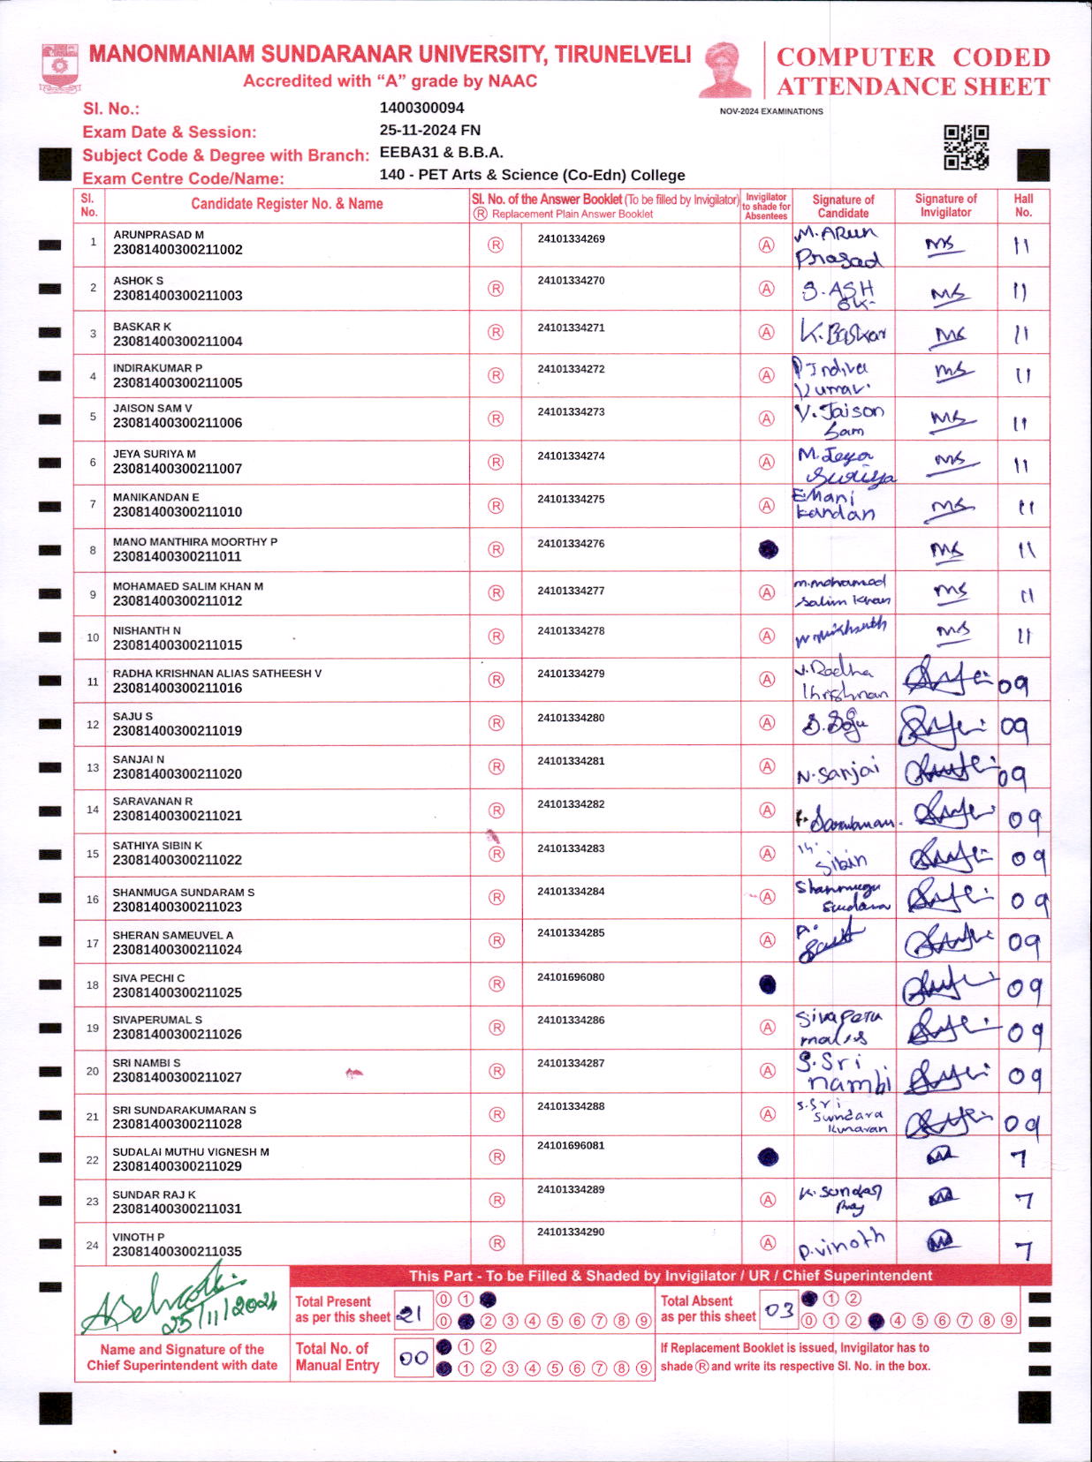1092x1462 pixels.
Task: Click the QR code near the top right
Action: point(966,147)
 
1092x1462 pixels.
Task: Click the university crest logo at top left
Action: point(60,67)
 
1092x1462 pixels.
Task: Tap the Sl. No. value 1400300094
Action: point(421,108)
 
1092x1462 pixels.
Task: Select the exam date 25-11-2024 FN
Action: point(429,130)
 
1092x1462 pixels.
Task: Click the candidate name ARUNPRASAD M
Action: point(158,235)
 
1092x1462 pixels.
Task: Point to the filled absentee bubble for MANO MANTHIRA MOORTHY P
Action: point(769,549)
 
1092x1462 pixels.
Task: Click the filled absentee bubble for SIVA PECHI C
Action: point(768,984)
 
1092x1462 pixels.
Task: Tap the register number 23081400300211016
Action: point(178,688)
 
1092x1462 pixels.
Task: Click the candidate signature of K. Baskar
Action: point(842,333)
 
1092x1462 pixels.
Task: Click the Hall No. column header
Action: point(1023,205)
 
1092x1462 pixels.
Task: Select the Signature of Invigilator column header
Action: point(945,205)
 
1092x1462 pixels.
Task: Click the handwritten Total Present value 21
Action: point(409,1315)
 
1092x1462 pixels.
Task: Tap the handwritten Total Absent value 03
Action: point(778,1310)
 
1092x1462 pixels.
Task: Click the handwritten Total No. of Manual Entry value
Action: point(413,1358)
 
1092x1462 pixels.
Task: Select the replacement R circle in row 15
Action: point(497,854)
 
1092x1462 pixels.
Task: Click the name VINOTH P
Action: point(139,1237)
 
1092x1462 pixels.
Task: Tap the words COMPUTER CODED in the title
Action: point(913,57)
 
